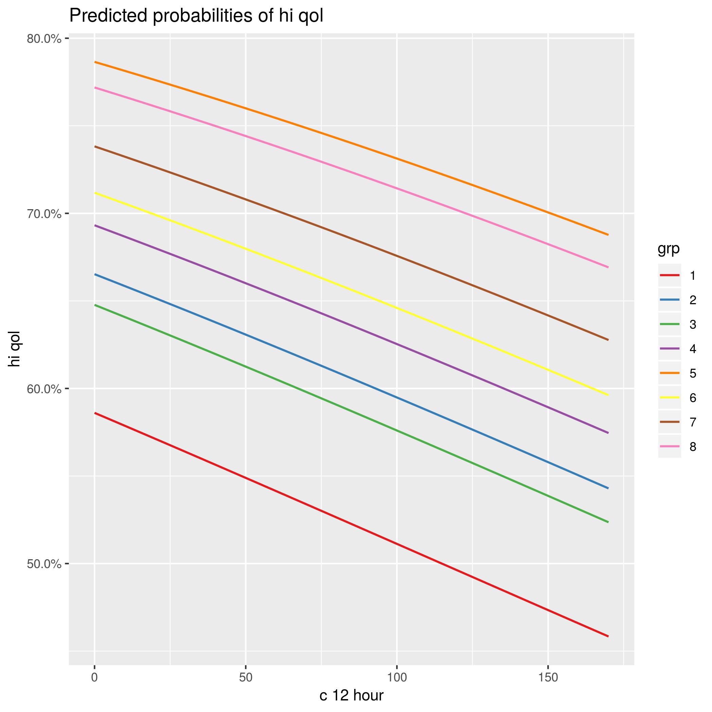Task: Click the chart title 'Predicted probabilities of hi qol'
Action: [196, 16]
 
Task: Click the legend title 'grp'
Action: [668, 250]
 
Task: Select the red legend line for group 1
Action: [669, 275]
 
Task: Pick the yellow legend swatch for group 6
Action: [669, 398]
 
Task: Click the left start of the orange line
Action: [95, 62]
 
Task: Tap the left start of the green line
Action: [95, 305]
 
